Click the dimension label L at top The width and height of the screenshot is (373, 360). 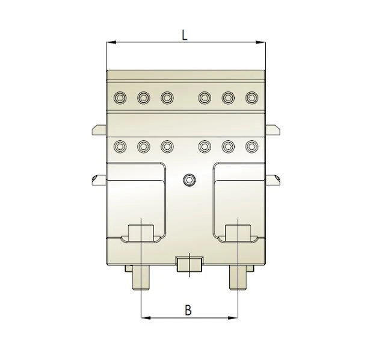(x=185, y=34)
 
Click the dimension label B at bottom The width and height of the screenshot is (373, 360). (x=188, y=310)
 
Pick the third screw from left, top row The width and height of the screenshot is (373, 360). (x=167, y=98)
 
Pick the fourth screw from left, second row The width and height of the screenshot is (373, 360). (x=205, y=146)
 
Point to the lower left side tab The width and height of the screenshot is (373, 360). (x=99, y=179)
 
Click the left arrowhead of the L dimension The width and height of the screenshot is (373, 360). (x=109, y=42)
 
